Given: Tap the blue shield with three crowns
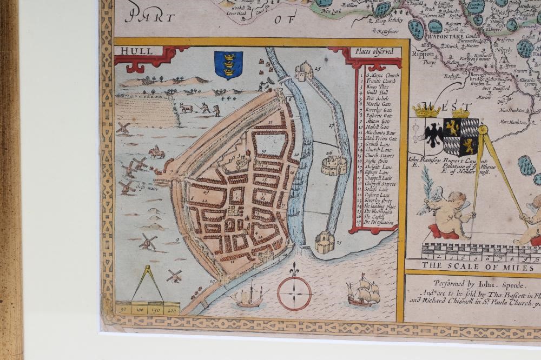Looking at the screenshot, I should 228,64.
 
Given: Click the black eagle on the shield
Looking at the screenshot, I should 434,134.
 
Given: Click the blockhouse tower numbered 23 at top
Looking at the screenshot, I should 304,71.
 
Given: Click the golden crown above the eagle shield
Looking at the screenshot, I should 426,111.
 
